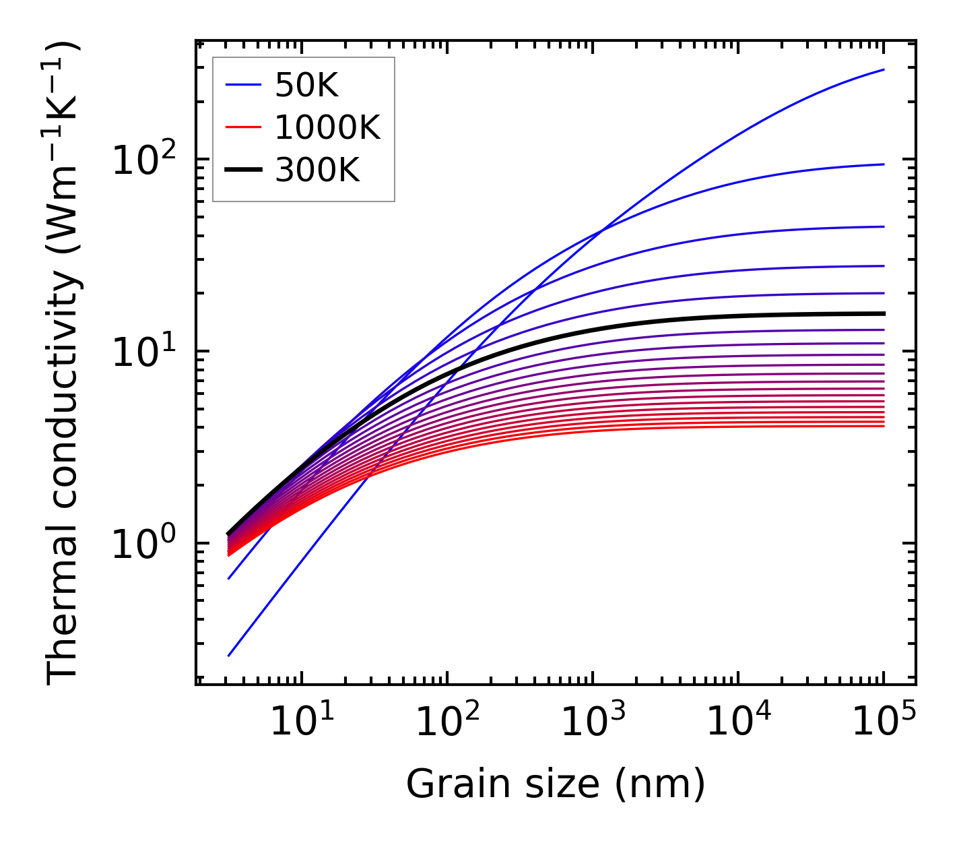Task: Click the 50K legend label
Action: tap(306, 86)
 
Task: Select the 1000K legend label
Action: tap(327, 127)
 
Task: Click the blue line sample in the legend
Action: tap(242, 85)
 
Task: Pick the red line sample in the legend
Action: tap(242, 127)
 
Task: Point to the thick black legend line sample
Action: tap(242, 170)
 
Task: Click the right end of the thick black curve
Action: tap(883, 313)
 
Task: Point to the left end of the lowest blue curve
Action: tap(229, 655)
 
